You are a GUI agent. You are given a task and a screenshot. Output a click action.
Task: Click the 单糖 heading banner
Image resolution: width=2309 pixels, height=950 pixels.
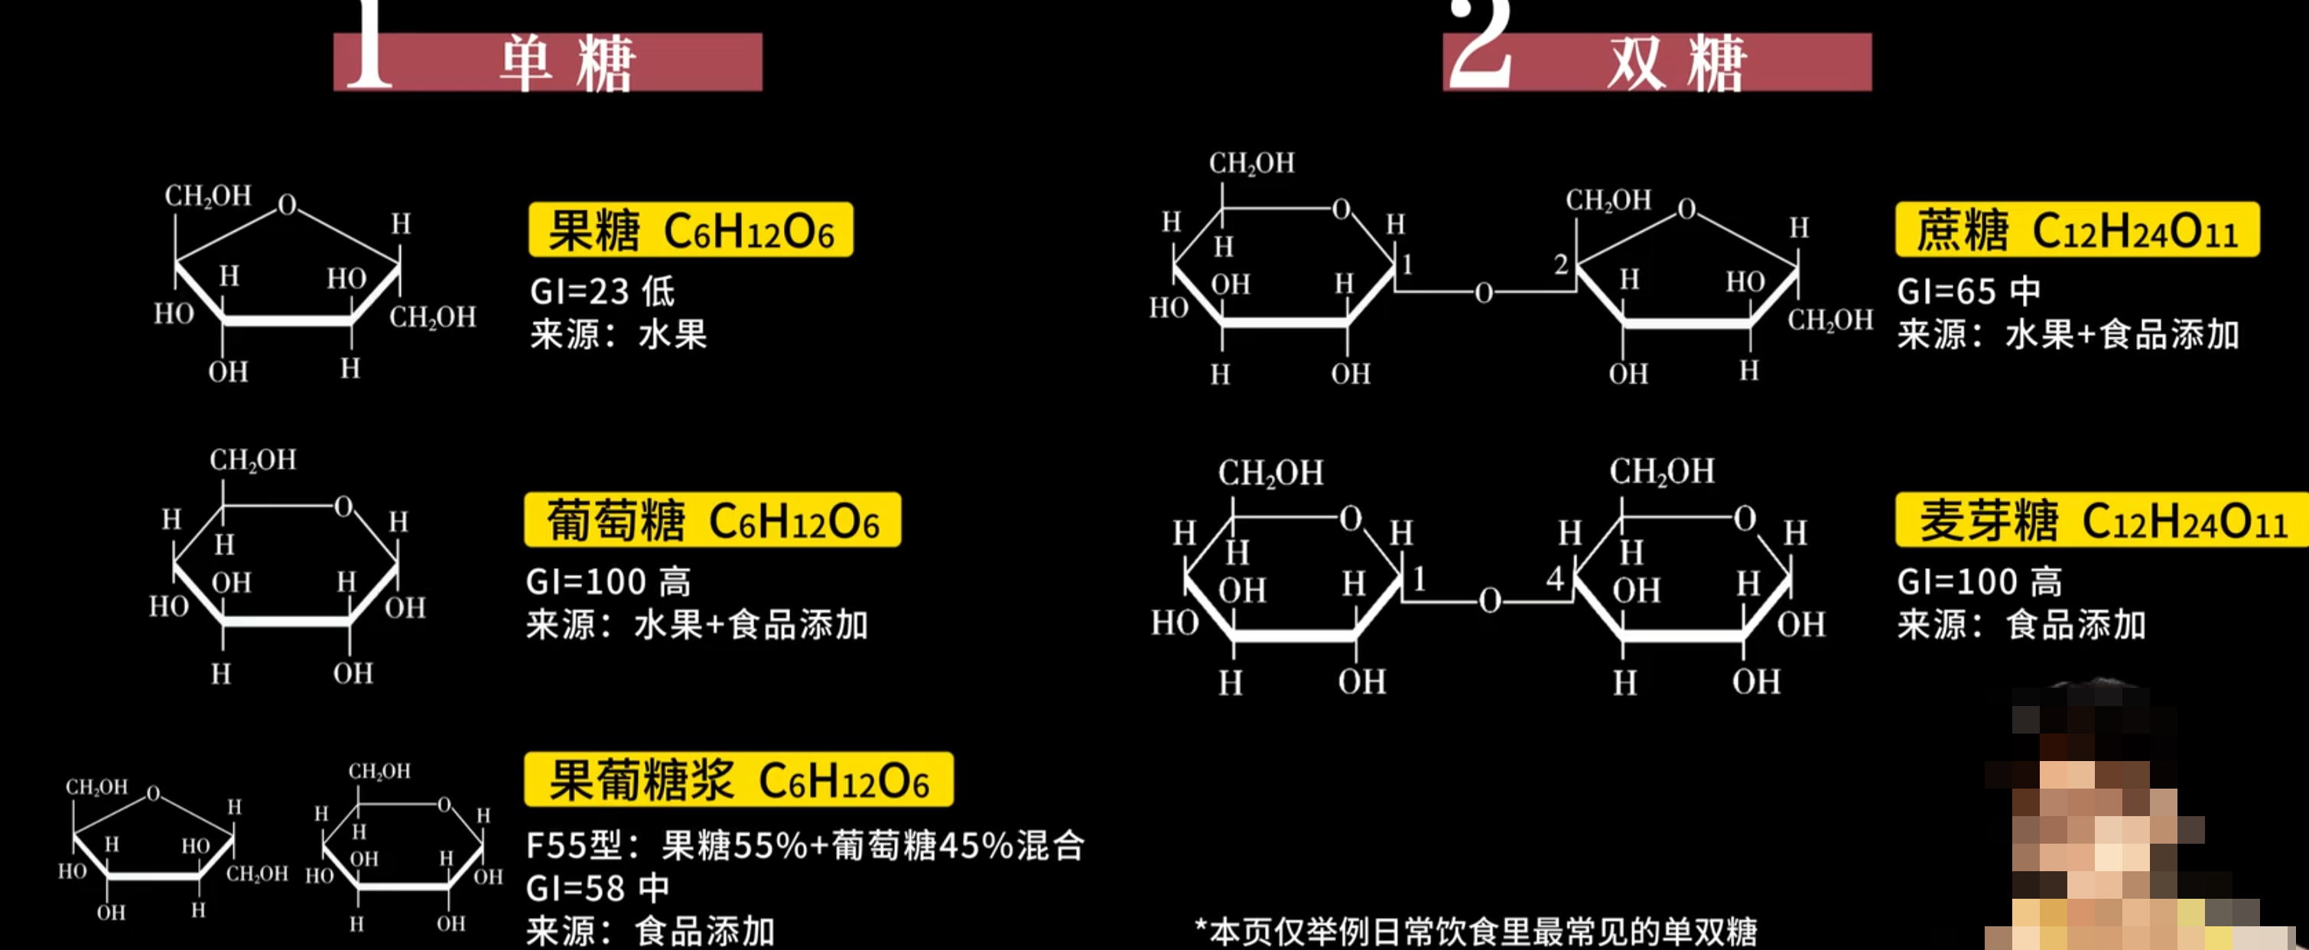(x=548, y=62)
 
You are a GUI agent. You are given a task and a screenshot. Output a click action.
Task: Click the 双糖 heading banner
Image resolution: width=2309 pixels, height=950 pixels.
(x=1657, y=62)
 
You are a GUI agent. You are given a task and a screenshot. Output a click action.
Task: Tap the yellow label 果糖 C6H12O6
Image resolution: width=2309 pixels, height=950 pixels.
(x=690, y=230)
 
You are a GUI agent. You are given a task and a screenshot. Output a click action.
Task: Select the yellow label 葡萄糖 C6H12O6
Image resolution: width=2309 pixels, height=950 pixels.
(x=713, y=520)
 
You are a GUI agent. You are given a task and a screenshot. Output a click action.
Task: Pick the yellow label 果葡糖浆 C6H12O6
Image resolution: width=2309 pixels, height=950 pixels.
(x=739, y=779)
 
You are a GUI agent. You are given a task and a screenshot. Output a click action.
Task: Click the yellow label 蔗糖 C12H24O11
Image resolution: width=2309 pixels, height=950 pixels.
(x=2076, y=230)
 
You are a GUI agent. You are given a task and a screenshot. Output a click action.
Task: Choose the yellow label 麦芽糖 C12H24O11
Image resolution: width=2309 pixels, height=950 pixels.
(x=2102, y=520)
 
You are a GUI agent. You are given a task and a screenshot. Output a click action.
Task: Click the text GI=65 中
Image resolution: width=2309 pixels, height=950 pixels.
(x=1969, y=291)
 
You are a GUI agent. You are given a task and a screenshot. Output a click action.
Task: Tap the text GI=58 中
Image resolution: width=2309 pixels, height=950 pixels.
(x=597, y=888)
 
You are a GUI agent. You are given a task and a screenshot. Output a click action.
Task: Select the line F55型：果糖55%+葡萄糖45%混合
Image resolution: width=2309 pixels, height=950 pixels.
(x=804, y=845)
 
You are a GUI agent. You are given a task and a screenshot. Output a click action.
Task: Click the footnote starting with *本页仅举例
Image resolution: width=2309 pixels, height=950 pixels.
(x=1475, y=931)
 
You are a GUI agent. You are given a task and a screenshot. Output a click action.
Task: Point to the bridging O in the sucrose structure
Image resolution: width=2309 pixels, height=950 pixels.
(x=1484, y=293)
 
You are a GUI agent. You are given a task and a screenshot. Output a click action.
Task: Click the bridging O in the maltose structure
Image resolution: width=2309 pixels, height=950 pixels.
(x=1490, y=600)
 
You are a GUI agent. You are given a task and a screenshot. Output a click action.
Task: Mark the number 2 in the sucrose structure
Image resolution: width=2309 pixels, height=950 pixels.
(x=1560, y=265)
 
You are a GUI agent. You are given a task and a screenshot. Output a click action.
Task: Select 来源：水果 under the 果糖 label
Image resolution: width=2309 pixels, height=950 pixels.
(x=617, y=335)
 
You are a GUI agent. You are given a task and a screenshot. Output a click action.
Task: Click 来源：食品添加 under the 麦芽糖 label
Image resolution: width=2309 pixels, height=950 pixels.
(x=2021, y=625)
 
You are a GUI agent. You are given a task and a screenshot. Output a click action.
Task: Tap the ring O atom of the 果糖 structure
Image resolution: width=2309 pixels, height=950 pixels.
(x=287, y=205)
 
